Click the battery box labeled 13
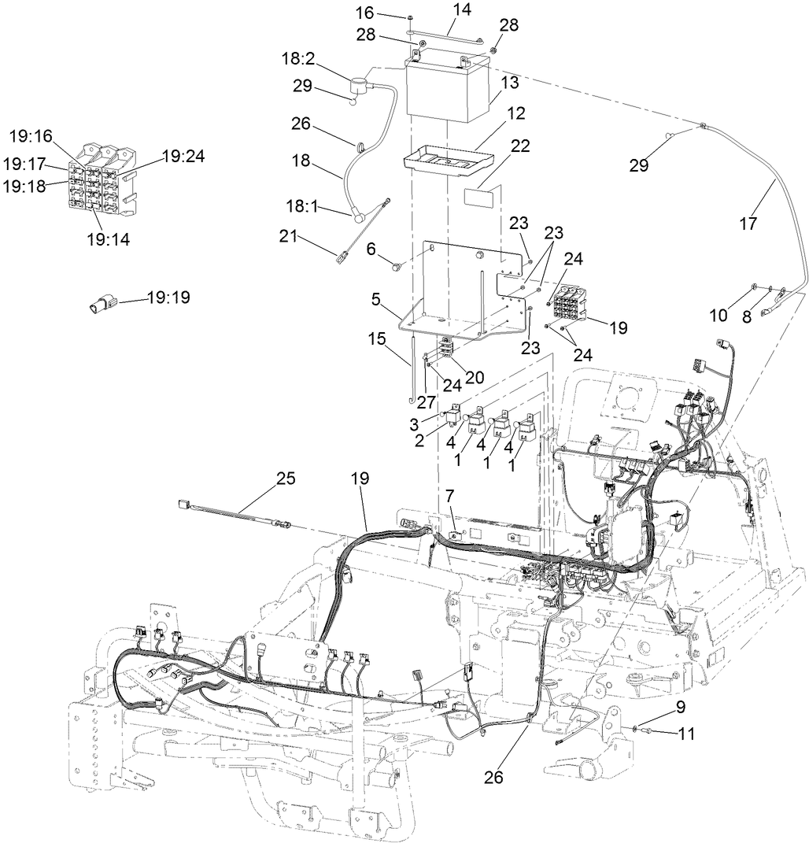(x=446, y=93)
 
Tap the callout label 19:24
(x=183, y=156)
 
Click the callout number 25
(x=286, y=478)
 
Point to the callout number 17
(x=748, y=224)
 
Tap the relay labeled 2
(x=454, y=411)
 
